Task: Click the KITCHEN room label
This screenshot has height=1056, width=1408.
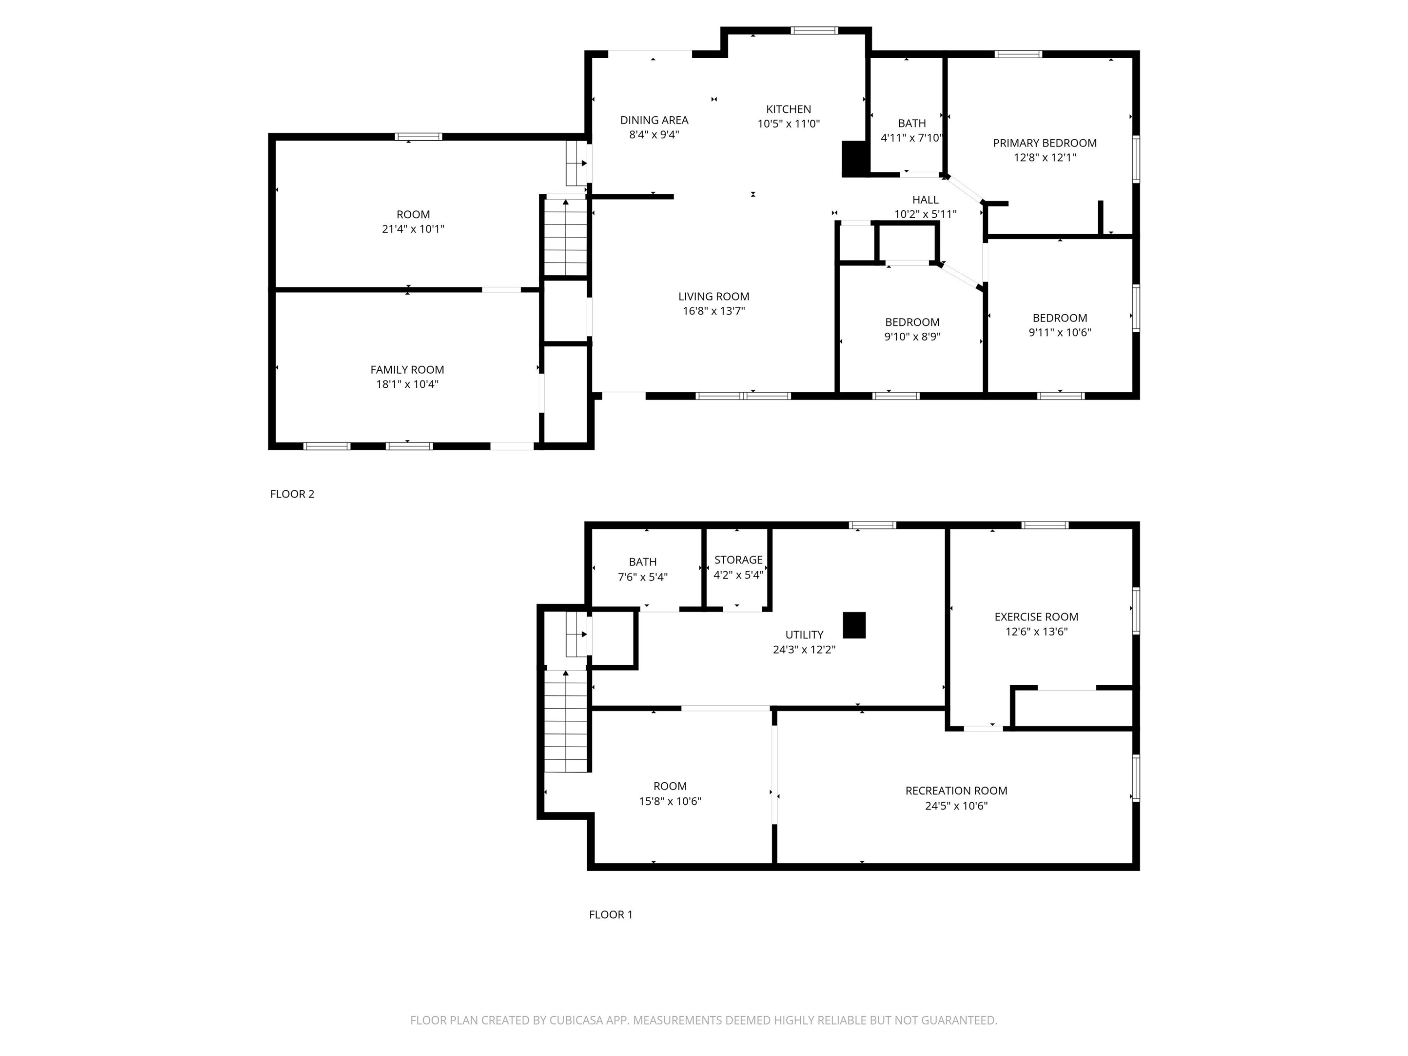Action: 788,109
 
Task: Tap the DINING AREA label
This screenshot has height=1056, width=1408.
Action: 654,120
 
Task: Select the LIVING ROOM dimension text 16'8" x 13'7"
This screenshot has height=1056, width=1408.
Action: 713,311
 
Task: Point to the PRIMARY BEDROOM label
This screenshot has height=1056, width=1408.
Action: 1045,143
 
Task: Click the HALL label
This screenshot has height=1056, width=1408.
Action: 925,200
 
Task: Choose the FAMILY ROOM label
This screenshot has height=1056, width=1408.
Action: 407,370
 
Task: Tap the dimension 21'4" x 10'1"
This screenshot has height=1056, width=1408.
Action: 413,229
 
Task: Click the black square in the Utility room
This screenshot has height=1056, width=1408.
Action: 854,625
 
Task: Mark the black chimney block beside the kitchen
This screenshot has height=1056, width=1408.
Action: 855,159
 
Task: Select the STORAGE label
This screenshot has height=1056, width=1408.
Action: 738,560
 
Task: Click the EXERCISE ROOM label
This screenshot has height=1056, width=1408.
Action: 1036,617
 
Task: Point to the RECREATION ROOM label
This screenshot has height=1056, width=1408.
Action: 956,790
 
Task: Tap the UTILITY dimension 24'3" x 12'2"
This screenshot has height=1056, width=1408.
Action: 804,650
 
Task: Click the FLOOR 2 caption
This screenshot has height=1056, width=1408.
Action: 292,494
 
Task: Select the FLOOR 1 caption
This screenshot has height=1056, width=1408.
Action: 611,915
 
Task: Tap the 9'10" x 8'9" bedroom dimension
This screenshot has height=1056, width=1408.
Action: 912,337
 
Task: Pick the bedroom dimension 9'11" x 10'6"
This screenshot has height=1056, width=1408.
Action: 1060,332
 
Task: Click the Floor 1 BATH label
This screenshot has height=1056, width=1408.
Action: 642,562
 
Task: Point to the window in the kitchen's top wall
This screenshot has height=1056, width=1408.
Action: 814,30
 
